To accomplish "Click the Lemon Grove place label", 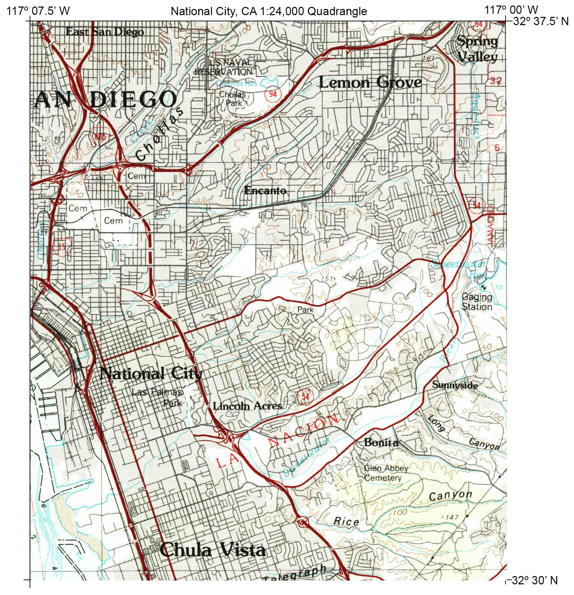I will click(x=370, y=82).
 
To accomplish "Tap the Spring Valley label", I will click(x=477, y=49).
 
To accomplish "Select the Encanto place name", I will click(x=265, y=190).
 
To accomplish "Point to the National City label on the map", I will click(x=151, y=374).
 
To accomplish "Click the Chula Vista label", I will click(x=213, y=550).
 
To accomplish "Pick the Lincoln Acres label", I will click(x=247, y=406).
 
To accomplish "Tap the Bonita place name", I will click(x=381, y=442).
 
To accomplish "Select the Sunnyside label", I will click(x=455, y=385).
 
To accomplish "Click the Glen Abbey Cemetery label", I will click(x=385, y=473).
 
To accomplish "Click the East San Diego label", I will click(x=105, y=32).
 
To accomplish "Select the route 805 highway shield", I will click(x=100, y=136).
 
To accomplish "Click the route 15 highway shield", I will click(x=62, y=247).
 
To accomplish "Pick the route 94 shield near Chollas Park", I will click(x=273, y=94).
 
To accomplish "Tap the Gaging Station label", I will click(x=477, y=302).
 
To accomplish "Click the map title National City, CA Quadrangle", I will click(x=269, y=11).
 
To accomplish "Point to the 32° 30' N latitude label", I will click(x=534, y=580).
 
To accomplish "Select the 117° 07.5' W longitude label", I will click(x=38, y=11).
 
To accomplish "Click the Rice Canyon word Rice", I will click(x=346, y=522).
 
